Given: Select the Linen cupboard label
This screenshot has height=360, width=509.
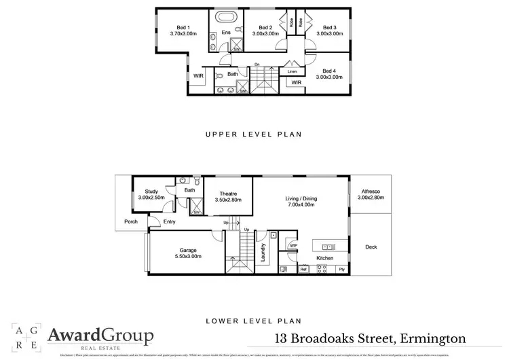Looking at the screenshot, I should pos(293,71).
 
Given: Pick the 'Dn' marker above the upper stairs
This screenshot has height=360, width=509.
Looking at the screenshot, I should pos(257,65).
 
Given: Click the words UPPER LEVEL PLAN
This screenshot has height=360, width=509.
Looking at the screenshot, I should pos(253,134).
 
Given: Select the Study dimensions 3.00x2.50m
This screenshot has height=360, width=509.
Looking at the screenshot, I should pos(151,197).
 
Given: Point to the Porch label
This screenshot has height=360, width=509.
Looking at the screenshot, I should pos(130,221).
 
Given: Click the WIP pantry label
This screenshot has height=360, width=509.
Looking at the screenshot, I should pos(293,246).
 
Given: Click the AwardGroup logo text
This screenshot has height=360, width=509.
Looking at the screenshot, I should pos(100,336).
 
